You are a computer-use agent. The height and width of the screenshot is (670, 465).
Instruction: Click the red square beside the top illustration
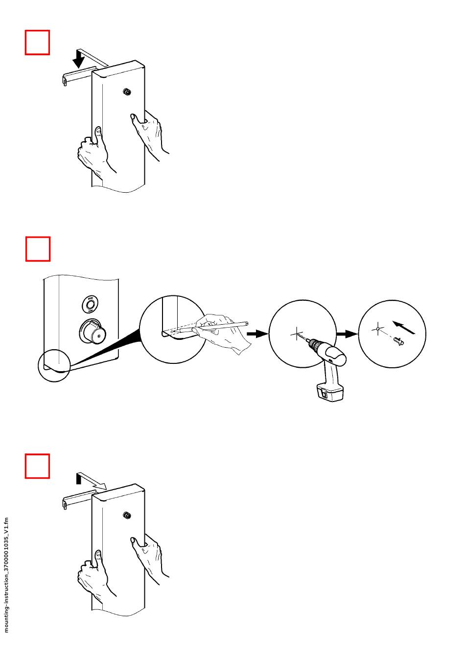pos(38,43)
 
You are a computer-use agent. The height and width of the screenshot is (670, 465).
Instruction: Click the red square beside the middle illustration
pos(38,249)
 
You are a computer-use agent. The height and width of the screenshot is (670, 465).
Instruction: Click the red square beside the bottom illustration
pos(38,466)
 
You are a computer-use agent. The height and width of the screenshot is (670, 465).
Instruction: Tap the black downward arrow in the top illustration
pos(78,60)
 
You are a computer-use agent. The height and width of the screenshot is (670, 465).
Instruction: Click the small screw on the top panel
pos(127,91)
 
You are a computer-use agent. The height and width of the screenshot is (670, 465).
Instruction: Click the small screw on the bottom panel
pos(127,515)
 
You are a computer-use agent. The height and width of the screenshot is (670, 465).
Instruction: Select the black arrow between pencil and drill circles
pos(257,334)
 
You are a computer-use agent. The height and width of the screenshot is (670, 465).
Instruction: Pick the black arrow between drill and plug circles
pos(347,334)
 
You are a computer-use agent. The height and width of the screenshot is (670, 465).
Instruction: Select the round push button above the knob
pos(90,306)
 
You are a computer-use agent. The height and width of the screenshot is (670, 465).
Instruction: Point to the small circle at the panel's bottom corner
pos(54,367)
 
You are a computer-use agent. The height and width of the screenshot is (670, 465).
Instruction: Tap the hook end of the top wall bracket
pos(64,80)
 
